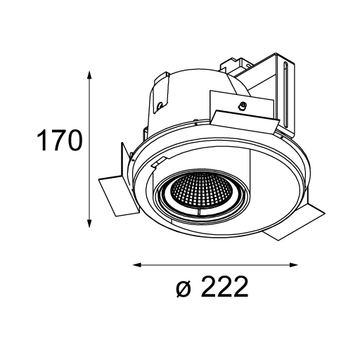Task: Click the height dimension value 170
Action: (60, 141)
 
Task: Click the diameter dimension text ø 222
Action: (212, 287)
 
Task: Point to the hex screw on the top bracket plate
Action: (242, 105)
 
